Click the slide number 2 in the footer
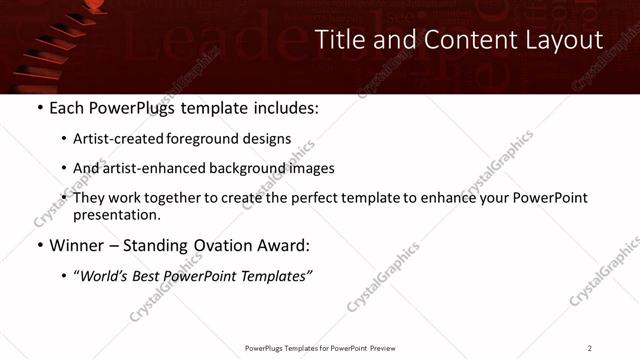coord(590,348)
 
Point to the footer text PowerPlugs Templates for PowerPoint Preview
coord(319,348)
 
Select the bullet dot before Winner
coord(40,245)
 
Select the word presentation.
coord(116,214)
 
